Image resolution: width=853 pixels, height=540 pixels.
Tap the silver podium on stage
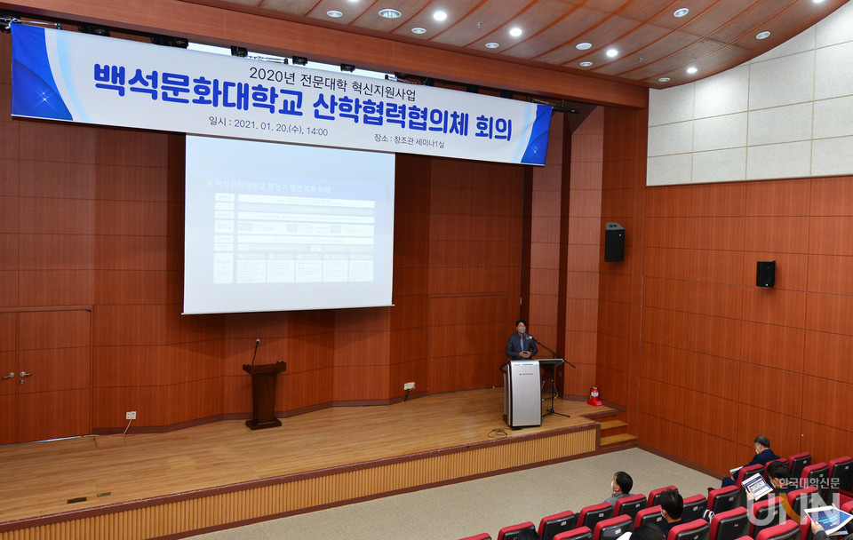[x=522, y=393]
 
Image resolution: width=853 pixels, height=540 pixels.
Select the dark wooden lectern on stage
[x=264, y=393]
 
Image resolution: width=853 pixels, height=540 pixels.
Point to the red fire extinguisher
[x=594, y=395]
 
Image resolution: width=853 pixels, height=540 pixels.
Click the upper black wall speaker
[x=614, y=242]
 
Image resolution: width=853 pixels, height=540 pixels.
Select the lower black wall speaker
[x=765, y=274]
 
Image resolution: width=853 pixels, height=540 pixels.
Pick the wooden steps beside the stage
[x=615, y=430]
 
